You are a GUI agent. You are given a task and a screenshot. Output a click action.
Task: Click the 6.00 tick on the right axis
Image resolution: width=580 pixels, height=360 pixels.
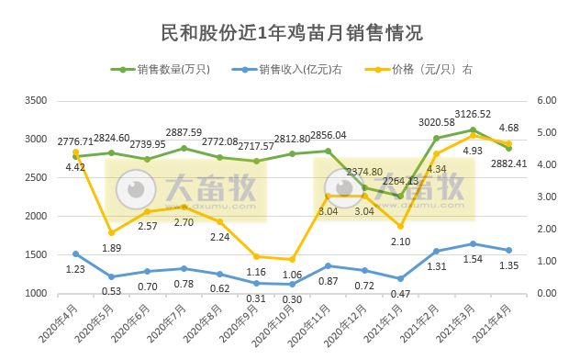click(x=547, y=100)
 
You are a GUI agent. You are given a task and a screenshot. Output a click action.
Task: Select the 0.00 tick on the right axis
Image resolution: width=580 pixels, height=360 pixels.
click(x=547, y=293)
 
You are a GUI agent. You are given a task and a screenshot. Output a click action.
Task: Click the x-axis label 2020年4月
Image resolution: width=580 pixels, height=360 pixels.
click(x=61, y=321)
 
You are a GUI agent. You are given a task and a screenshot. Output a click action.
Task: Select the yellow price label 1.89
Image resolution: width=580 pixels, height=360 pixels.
click(x=111, y=248)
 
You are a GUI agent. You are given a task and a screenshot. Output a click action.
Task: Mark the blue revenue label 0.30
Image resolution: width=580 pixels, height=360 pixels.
click(x=291, y=299)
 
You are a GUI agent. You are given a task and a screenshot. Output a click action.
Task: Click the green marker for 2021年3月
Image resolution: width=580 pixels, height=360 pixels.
click(x=473, y=129)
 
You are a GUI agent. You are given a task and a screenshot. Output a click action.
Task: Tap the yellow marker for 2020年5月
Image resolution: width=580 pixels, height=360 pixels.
click(x=111, y=232)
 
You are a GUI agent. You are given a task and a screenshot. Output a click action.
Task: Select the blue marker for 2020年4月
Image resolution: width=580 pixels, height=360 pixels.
click(x=75, y=253)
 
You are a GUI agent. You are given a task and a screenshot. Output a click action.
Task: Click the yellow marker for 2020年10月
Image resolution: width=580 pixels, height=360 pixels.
click(x=292, y=259)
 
